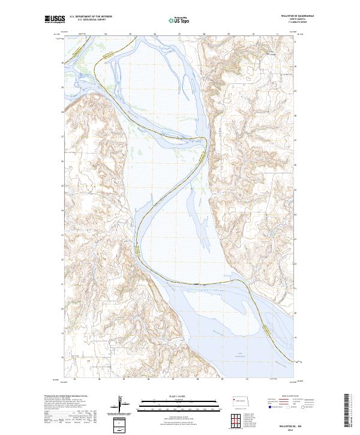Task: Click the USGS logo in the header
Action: pos(54,20)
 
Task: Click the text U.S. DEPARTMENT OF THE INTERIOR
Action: pos(92,17)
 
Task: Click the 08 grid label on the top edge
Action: pos(204,34)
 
